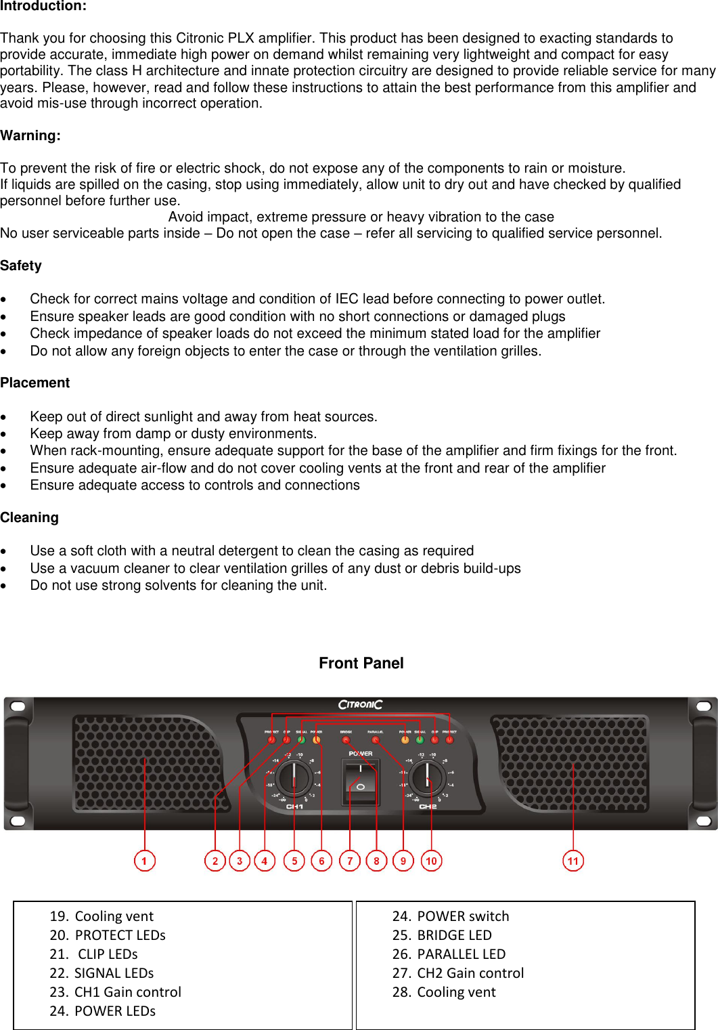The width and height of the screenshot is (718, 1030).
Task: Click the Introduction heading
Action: [43, 6]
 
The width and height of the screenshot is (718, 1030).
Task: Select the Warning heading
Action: [30, 135]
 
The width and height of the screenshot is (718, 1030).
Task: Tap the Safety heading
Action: [21, 265]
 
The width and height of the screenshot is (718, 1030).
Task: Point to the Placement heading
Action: [35, 383]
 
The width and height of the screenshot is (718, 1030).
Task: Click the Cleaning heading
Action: [30, 517]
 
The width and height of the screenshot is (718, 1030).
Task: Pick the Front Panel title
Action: [361, 663]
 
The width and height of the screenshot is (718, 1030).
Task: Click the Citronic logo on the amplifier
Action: [360, 705]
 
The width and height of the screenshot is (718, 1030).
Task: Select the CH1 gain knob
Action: [294, 777]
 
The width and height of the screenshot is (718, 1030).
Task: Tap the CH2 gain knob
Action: [427, 777]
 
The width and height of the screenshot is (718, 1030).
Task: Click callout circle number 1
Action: [144, 861]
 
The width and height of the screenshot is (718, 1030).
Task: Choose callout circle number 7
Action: [349, 861]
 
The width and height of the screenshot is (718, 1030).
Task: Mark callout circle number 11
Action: [573, 861]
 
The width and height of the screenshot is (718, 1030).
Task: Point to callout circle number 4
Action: [265, 861]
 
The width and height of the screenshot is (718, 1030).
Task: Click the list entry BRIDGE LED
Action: [454, 935]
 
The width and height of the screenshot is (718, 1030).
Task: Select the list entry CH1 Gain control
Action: [127, 992]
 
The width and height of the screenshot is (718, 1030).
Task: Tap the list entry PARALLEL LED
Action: [461, 954]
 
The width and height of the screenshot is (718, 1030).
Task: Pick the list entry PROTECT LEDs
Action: [120, 935]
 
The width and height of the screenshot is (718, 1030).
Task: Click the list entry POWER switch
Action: [463, 916]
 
